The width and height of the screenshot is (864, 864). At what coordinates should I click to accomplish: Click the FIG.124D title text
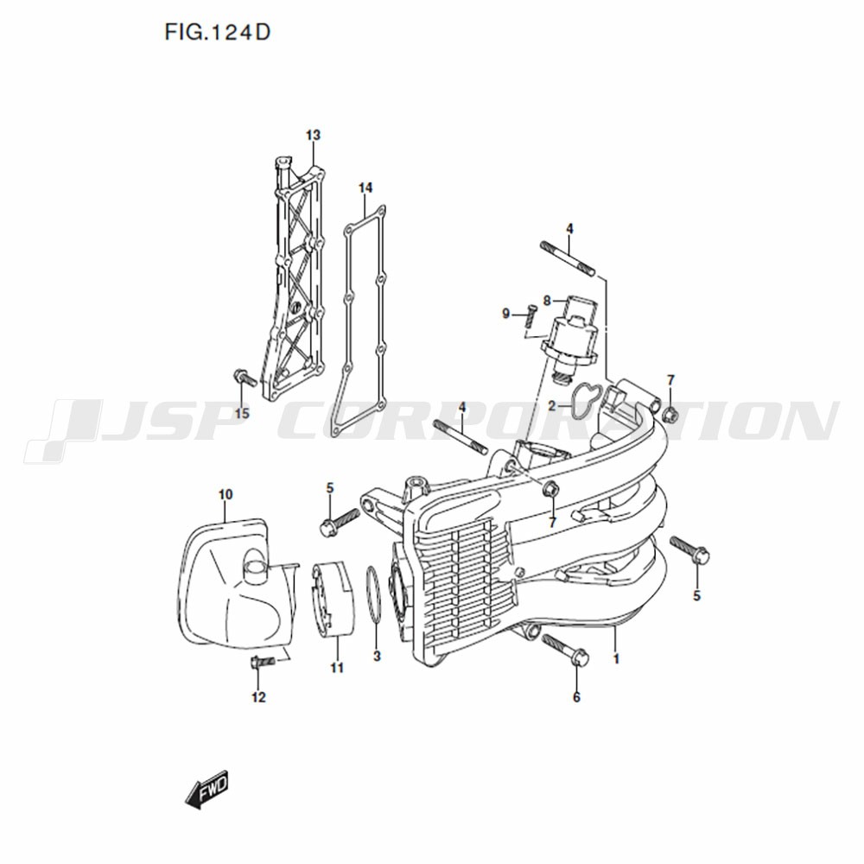tap(218, 33)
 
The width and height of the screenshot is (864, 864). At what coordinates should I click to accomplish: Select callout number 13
tap(313, 135)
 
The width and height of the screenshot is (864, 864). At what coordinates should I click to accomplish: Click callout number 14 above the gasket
tap(365, 187)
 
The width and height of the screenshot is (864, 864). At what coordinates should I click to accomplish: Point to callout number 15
tap(242, 413)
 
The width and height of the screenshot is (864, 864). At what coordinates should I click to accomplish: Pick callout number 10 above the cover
tap(226, 494)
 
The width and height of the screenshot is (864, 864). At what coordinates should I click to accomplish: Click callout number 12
tap(258, 697)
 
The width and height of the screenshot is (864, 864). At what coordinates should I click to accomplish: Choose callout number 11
tap(337, 668)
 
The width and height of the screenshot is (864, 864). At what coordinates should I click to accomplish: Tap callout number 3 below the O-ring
tap(377, 657)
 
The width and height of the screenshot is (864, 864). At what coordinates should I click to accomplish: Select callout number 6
tap(576, 697)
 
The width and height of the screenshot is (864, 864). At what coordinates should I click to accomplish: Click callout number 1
tap(617, 658)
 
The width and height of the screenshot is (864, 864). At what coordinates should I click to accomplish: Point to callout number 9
tap(506, 314)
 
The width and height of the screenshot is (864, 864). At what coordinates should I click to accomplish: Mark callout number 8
tap(547, 301)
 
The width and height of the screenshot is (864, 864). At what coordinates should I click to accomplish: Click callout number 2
tap(551, 407)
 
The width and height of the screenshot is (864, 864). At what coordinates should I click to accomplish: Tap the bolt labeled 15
tap(245, 378)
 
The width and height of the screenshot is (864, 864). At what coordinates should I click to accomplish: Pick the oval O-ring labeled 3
tap(373, 596)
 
